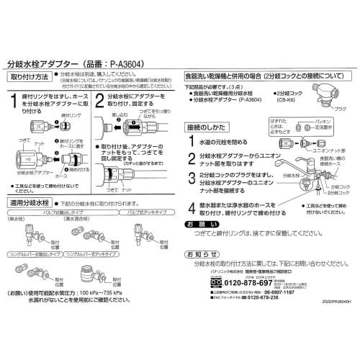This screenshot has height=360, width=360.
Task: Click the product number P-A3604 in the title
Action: pos(127,62)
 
